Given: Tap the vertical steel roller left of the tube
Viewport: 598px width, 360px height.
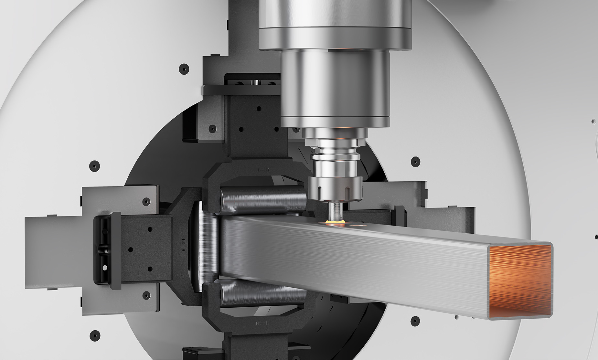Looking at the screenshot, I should pyautogui.click(x=207, y=246).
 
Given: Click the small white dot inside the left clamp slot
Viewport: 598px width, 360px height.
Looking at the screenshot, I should pyautogui.click(x=104, y=268).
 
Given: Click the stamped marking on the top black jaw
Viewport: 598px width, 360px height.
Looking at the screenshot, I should pyautogui.click(x=263, y=170).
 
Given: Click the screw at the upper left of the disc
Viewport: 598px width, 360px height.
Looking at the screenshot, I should pyautogui.click(x=184, y=69).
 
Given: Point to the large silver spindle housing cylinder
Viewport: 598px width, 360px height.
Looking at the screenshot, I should pyautogui.click(x=335, y=87).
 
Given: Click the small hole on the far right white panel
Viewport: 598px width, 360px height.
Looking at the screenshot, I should pyautogui.click(x=593, y=122).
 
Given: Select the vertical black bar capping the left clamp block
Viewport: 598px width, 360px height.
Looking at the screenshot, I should pyautogui.click(x=115, y=250).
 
